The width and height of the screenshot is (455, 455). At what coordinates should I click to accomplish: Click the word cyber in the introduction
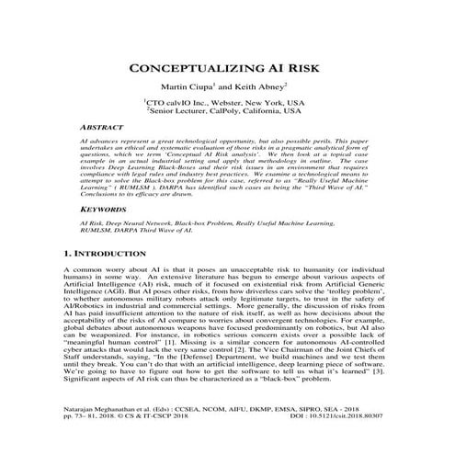pos(63,348)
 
